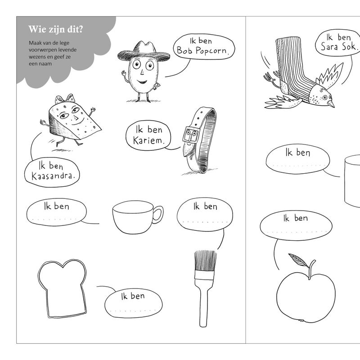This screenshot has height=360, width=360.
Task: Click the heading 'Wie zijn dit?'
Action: coord(55,30)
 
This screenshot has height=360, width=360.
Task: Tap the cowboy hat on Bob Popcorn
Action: coord(144,52)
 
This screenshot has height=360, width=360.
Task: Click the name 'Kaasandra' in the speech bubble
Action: coord(53,176)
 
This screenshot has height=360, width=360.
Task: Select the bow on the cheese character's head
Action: coord(65,99)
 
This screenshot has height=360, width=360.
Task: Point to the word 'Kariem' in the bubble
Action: coord(148,140)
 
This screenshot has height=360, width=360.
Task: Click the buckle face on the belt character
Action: coord(191,137)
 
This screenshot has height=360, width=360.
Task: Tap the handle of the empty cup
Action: coord(158,215)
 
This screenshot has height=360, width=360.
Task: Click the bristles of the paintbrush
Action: coord(205,261)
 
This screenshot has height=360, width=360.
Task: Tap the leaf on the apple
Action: coord(298,260)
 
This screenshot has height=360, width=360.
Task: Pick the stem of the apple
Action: coord(312,269)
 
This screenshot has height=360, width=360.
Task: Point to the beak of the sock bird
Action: coord(331,104)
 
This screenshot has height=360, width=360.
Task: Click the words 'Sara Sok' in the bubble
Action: coord(339,47)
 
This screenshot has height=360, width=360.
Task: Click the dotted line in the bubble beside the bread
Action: coord(133,311)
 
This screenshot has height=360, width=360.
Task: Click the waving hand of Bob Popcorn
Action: coord(124,74)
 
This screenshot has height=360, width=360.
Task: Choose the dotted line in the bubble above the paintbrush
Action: coord(205,222)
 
